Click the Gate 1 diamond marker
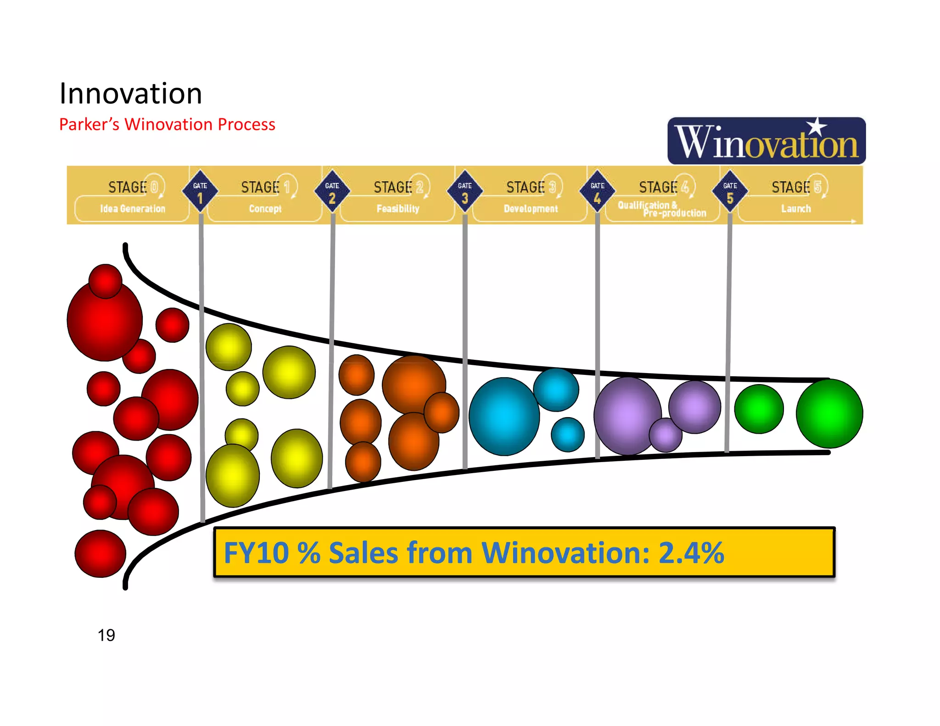pos(200,191)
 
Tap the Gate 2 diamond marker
pos(332,191)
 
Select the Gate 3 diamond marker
pos(464,191)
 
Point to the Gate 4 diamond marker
pos(597,191)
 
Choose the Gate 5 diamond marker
pos(730,191)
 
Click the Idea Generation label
pos(133,209)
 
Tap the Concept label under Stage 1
pos(265,209)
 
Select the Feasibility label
pos(398,209)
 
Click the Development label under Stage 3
pos(531,209)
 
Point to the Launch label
pos(796,209)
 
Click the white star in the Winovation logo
pos(817,127)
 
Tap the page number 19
pos(106,635)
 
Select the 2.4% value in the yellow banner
pos(691,553)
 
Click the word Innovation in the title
pos(131,94)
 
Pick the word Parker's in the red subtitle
pos(89,124)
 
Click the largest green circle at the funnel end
pos(829,413)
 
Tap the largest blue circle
pos(504,416)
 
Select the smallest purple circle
pos(666,435)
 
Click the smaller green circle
pos(759,409)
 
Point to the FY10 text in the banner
pos(256,553)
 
